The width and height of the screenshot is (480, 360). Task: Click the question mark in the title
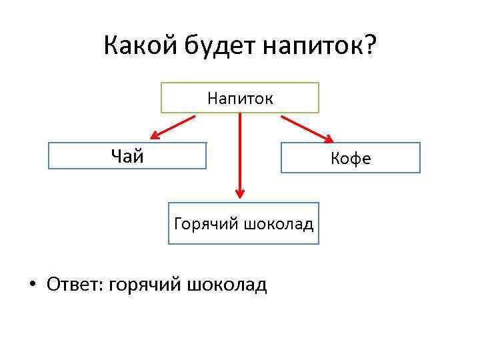coord(369,46)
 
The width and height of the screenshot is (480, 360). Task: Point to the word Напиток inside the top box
coord(240,99)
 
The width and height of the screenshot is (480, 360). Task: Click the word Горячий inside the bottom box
coord(205,224)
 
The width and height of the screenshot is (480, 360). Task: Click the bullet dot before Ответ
coord(31,285)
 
